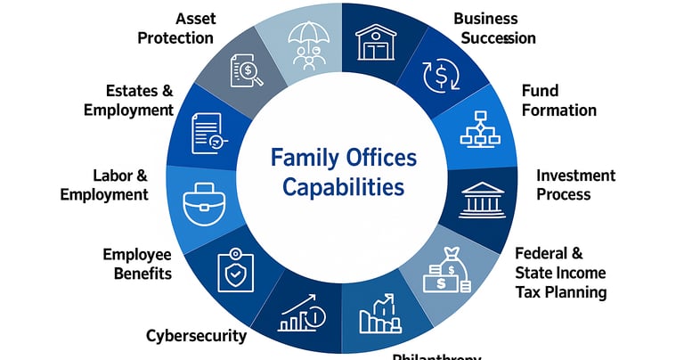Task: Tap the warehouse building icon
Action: pos(376,41)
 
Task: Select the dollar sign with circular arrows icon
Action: pos(438,76)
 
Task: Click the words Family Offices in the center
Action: pos(344,159)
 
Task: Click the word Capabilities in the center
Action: pos(343,188)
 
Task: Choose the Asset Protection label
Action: pos(182,29)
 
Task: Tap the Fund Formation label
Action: pos(558,101)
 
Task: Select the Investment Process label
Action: pos(575,184)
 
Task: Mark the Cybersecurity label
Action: pos(196,335)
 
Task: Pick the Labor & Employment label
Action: pos(105,184)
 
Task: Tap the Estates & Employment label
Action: pos(128,100)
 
